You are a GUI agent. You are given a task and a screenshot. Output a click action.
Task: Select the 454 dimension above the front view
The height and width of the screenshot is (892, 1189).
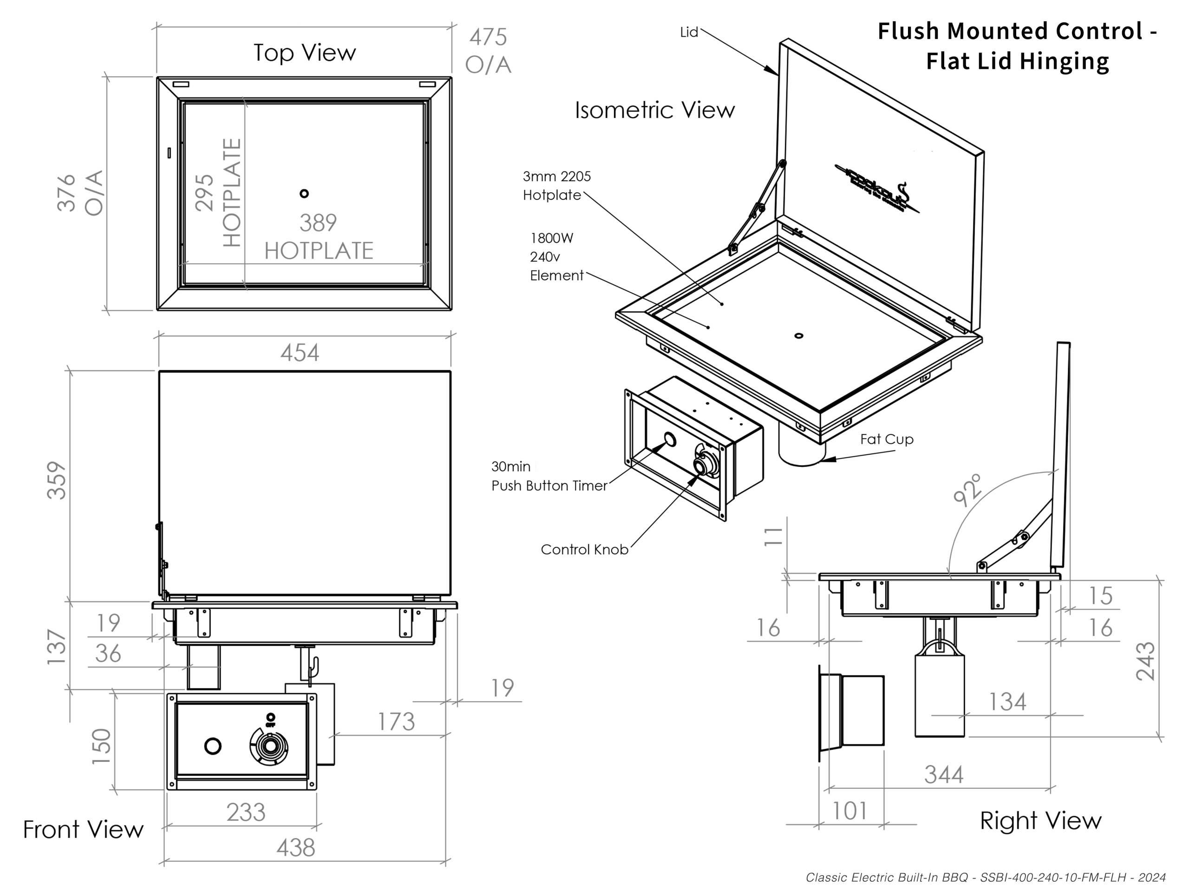point(300,353)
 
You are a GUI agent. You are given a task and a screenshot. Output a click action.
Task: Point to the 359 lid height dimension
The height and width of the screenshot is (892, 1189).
point(57,480)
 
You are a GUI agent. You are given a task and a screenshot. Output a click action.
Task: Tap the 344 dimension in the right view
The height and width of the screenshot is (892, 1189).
point(943,775)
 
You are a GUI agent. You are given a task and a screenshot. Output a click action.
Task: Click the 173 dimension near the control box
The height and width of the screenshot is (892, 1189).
point(396,721)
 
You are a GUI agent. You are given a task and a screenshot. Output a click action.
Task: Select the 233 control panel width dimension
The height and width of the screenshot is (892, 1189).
point(246,813)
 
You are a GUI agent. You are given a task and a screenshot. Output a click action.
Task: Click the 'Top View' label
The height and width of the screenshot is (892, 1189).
point(305,52)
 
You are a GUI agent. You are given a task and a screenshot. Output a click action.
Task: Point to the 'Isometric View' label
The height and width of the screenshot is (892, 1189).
point(654,110)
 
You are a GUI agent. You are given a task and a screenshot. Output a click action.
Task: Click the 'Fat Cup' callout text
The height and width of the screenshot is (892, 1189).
point(886,439)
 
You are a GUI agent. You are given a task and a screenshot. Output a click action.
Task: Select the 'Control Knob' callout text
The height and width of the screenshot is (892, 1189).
point(584,550)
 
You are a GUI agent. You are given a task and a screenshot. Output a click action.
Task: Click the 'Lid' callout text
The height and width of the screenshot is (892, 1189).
point(689,32)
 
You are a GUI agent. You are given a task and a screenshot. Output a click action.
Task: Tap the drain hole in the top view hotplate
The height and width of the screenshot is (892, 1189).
point(304,194)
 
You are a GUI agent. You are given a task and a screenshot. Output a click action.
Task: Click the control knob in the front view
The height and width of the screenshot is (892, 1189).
point(270,746)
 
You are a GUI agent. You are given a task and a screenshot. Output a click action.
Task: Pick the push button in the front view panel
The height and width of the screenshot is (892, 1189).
point(213,746)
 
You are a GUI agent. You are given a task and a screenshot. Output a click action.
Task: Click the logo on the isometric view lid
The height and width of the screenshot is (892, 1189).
point(876,188)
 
